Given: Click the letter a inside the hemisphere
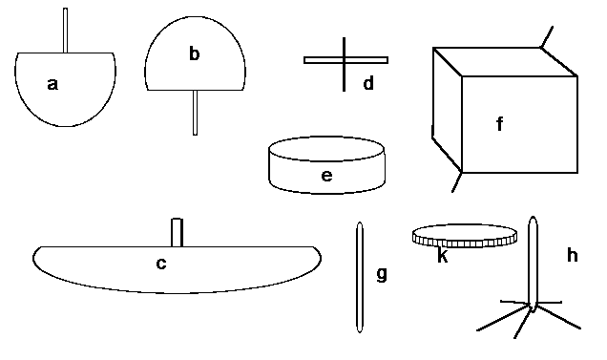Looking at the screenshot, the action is pos(52,84).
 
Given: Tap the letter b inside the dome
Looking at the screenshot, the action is pos(195,53).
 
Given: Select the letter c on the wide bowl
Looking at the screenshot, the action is pos(161,264).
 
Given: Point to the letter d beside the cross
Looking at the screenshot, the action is pos(368,83).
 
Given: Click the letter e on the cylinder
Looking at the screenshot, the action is pos(326,176).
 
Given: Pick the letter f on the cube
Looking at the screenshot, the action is pos(500,124).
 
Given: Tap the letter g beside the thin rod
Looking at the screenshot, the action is pos(382,274).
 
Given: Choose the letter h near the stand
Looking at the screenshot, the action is pos(573,255).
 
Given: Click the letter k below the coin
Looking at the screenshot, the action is pos(443,256).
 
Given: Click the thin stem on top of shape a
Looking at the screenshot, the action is pos(66,31).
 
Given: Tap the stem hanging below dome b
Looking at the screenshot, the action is pos(195,113).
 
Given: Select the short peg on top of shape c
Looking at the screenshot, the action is pos(177,232).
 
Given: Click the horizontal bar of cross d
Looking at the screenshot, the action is pos(346,60).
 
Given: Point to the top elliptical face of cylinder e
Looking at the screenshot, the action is pos(326,148).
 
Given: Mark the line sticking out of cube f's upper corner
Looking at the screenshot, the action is pos(547,37).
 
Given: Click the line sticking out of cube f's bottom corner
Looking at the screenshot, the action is pos(457,182).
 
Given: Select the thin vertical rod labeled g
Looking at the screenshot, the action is pos(360,277).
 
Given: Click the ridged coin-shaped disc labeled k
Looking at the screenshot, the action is pos(465,235).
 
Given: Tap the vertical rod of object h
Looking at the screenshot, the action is pos(534,265).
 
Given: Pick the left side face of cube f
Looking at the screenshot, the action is pos(447,111).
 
